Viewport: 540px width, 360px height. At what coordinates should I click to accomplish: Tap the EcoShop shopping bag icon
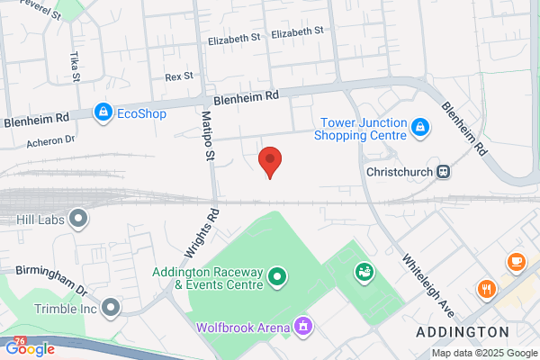point(103,112)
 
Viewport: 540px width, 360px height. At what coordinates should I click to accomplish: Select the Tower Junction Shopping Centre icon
point(418,129)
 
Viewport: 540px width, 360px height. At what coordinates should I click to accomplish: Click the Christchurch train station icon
point(443,171)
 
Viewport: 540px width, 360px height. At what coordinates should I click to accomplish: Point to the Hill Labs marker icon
point(79,218)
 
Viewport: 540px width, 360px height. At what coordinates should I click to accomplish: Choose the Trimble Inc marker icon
point(111,309)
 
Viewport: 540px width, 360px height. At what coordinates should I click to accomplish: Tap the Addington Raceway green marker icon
point(277,277)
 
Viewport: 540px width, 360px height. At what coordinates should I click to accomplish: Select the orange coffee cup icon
point(516,262)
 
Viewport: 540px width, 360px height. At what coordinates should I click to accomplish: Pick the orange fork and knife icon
point(486,290)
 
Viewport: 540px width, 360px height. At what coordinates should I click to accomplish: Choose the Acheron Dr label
point(51,139)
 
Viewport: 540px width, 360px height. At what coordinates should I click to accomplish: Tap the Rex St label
point(180,77)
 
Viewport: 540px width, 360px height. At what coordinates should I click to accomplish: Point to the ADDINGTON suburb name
point(457,333)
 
